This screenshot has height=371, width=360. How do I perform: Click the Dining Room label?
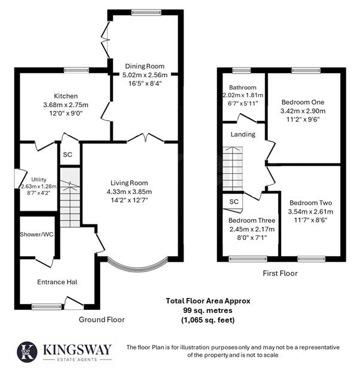click(144, 66)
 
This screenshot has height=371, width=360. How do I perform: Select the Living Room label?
click(129, 183)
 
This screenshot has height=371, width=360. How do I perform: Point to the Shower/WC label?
click(36, 234)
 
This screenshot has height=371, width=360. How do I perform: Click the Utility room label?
click(39, 179)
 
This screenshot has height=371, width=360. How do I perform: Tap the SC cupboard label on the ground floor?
click(68, 154)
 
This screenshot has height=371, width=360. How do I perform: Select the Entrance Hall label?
click(56, 282)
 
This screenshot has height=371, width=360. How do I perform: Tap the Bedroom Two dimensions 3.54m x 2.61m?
click(310, 211)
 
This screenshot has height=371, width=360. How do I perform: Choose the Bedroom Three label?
click(252, 220)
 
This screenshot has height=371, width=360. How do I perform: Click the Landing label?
click(243, 134)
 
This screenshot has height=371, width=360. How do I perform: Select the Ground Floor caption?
click(102, 320)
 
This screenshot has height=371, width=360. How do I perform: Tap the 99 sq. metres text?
click(208, 311)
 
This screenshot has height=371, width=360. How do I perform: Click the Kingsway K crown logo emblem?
click(26, 351)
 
